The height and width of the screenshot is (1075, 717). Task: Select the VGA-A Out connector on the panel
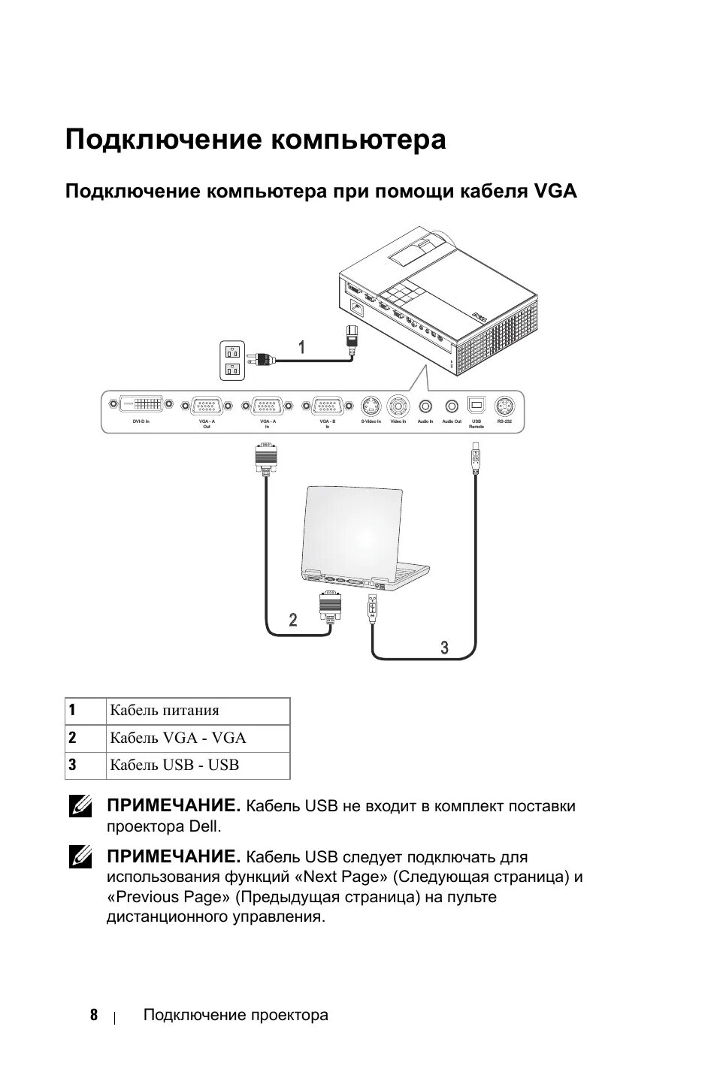point(207,406)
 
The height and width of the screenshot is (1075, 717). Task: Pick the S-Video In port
point(371,406)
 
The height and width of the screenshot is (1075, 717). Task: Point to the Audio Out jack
point(452,406)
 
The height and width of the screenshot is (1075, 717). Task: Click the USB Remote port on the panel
point(476,405)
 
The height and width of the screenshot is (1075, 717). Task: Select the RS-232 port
point(504,406)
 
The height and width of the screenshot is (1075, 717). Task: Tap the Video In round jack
point(398,406)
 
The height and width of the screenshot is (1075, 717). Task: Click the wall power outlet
point(231,360)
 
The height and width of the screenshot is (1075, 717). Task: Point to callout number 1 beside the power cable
point(301,347)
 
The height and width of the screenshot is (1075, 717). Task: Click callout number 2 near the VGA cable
point(293,620)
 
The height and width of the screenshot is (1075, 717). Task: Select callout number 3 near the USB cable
point(444,648)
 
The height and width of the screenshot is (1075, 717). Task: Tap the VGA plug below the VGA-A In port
point(266,457)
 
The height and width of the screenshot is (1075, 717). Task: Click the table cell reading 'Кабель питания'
point(197,711)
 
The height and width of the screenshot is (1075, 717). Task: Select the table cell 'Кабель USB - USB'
point(197,765)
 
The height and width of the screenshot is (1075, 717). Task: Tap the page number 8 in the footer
point(94,1015)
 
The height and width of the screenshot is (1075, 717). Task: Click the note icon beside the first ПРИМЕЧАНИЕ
point(80,807)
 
